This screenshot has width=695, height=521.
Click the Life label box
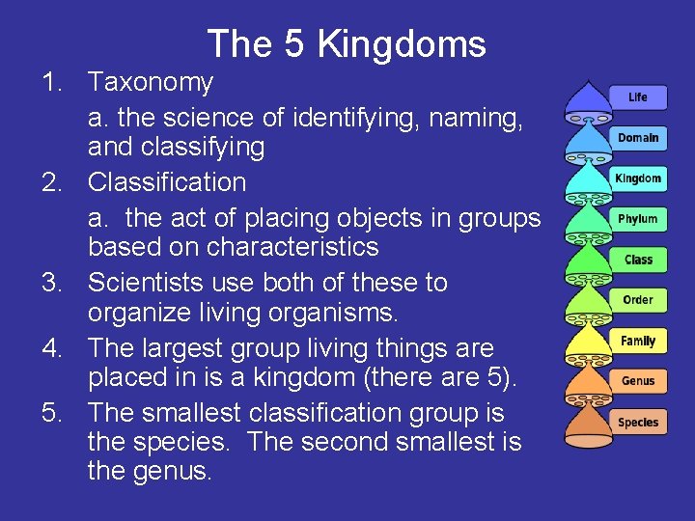point(637,97)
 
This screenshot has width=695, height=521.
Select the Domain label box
point(637,138)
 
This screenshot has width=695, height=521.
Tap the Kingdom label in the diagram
point(637,178)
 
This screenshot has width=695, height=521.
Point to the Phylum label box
point(637,219)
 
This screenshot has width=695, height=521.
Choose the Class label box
point(637,260)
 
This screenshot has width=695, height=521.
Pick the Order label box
point(637,300)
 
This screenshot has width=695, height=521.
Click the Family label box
point(637,341)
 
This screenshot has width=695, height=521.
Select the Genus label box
point(637,381)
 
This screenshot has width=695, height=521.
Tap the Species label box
point(637,423)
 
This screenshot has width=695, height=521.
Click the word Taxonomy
point(151,84)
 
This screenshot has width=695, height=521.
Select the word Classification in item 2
point(167,182)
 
